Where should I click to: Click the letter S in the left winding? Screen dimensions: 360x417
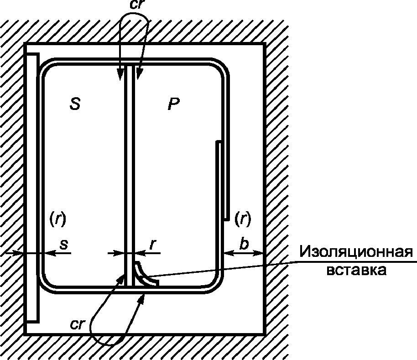pyautogui.click(x=75, y=104)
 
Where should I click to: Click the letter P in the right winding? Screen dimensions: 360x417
pyautogui.click(x=173, y=104)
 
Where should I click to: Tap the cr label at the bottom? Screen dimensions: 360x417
pyautogui.click(x=78, y=324)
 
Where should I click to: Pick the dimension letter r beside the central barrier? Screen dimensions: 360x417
pyautogui.click(x=152, y=244)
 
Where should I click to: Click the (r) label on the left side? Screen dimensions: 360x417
pyautogui.click(x=57, y=219)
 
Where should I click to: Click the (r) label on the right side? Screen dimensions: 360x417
pyautogui.click(x=242, y=219)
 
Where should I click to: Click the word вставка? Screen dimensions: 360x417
pyautogui.click(x=357, y=270)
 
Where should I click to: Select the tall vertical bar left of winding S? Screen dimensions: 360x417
pyautogui.click(x=32, y=187)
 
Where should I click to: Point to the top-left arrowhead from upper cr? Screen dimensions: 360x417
pyautogui.click(x=120, y=74)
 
